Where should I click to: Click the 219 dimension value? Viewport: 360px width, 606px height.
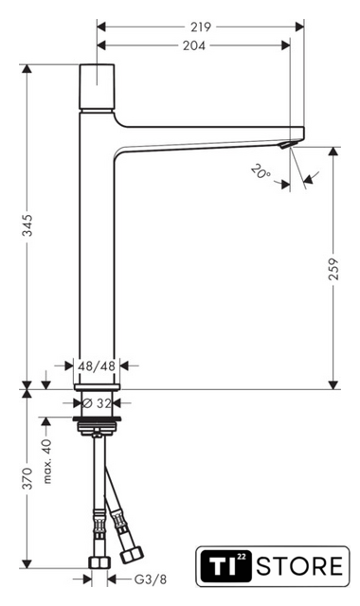click(x=201, y=27)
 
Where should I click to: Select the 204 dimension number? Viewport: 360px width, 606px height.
click(x=193, y=45)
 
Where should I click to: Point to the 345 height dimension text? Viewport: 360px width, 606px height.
click(x=27, y=224)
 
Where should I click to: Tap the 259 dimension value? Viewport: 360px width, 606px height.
click(x=333, y=269)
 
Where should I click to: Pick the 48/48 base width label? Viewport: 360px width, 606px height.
click(x=97, y=365)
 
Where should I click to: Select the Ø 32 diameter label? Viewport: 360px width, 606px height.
click(x=97, y=403)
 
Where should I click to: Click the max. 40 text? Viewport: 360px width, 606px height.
click(x=46, y=461)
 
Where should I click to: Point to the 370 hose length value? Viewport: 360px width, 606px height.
click(x=27, y=478)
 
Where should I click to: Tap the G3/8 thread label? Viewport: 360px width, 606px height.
click(x=151, y=579)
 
